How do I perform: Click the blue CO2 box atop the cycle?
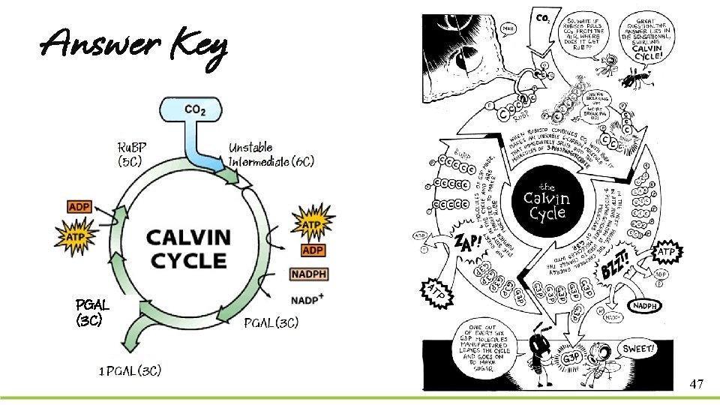click(x=191, y=110)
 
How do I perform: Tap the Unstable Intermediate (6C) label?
click(x=271, y=154)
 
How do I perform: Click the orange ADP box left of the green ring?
click(x=79, y=206)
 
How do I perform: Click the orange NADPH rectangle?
click(x=308, y=274)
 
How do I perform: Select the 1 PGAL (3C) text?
click(x=130, y=370)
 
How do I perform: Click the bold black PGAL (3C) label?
click(x=93, y=311)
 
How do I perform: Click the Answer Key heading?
click(x=133, y=46)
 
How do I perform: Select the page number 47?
click(x=696, y=384)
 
